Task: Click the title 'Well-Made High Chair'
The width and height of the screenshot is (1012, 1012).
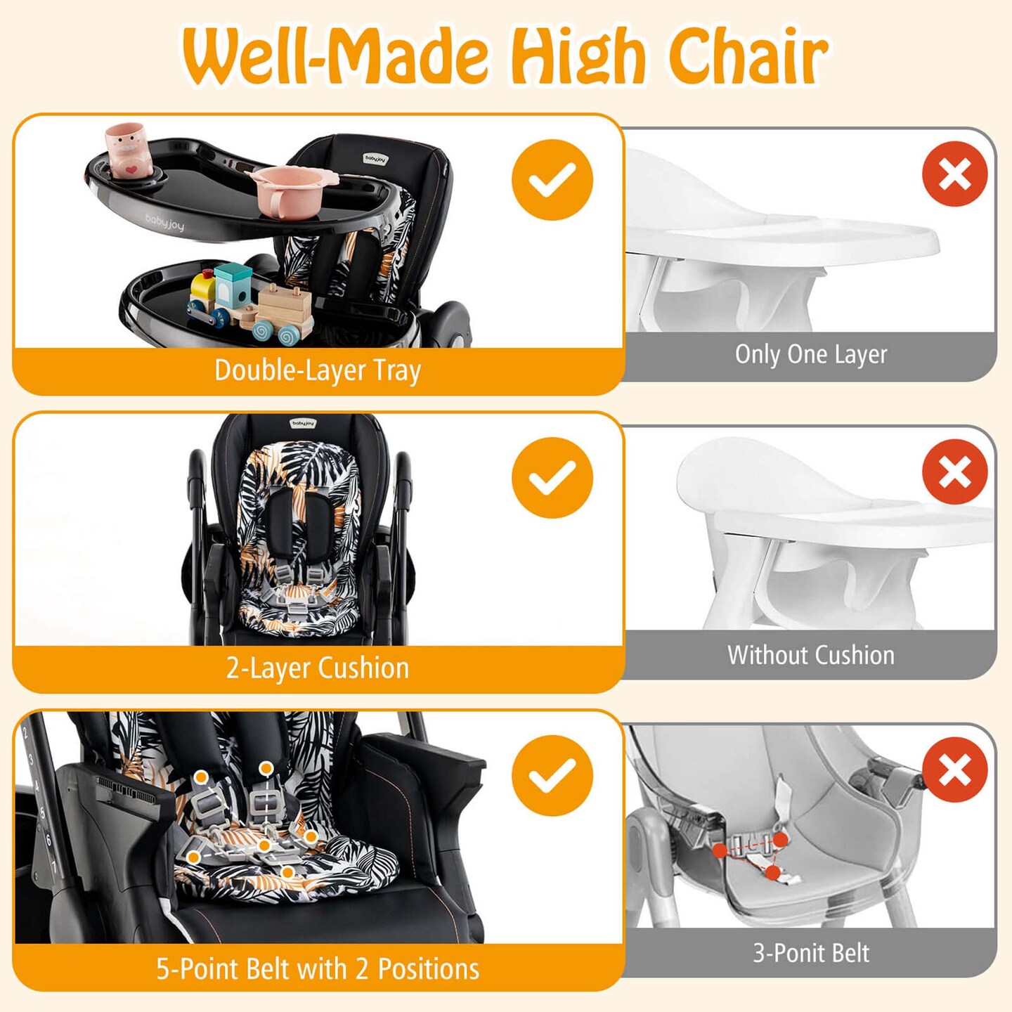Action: point(505,56)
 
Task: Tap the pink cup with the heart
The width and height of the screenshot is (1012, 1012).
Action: point(129,150)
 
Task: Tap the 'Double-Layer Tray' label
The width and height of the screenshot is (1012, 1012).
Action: point(318,370)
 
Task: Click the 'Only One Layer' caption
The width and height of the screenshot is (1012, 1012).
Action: point(810,355)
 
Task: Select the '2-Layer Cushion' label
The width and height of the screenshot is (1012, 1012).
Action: point(318,668)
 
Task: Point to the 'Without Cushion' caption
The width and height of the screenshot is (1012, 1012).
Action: point(810,655)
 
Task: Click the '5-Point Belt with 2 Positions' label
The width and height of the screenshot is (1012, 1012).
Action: point(318,969)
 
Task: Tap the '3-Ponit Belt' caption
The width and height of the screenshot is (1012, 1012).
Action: point(810,953)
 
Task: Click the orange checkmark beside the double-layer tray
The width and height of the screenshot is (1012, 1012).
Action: point(552,180)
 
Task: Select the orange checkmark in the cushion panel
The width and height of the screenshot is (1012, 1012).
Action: point(552,478)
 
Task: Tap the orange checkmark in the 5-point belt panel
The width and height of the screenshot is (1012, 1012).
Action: point(552,776)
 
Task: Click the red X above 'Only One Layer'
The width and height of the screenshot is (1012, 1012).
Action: point(954,174)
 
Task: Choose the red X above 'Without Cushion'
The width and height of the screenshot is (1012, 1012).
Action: point(954,472)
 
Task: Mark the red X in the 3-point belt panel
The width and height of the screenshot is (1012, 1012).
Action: point(954,770)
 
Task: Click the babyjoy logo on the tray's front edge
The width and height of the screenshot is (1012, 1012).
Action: point(164,222)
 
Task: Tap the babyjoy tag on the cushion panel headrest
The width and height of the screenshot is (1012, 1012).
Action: point(304,424)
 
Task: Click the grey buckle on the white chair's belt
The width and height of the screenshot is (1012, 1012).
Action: point(748,844)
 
